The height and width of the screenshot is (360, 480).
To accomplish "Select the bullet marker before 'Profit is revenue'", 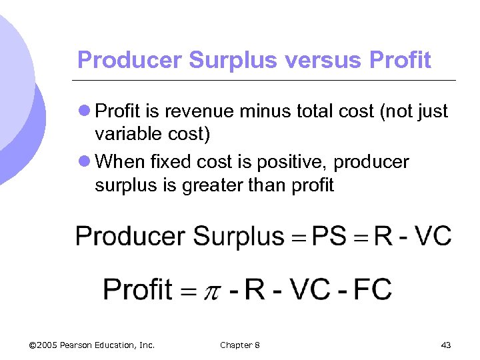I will click(85, 111).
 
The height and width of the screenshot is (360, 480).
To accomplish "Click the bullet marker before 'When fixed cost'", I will click(85, 162).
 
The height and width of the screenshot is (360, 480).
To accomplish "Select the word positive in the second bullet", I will click(289, 162).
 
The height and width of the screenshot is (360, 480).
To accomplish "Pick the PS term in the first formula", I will click(329, 236).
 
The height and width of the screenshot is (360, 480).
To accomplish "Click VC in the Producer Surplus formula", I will click(432, 236).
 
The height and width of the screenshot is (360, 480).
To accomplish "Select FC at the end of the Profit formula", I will click(372, 289).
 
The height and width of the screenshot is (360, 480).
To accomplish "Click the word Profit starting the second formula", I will click(137, 289).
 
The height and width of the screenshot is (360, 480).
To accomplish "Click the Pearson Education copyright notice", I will click(93, 345).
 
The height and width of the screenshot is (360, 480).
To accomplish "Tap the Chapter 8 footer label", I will click(240, 345).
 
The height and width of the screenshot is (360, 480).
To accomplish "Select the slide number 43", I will click(446, 345).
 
